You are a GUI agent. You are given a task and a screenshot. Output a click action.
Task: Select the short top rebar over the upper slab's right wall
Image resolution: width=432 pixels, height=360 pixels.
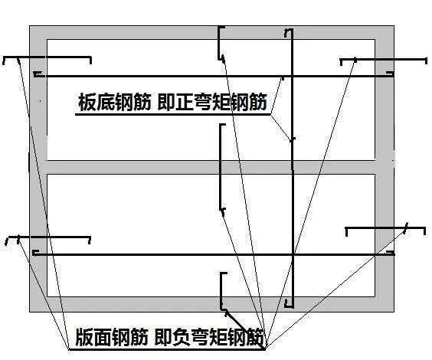tap(383, 58)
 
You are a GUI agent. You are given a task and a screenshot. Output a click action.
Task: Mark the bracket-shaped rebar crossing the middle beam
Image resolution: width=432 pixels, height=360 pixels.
tap(221, 165)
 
